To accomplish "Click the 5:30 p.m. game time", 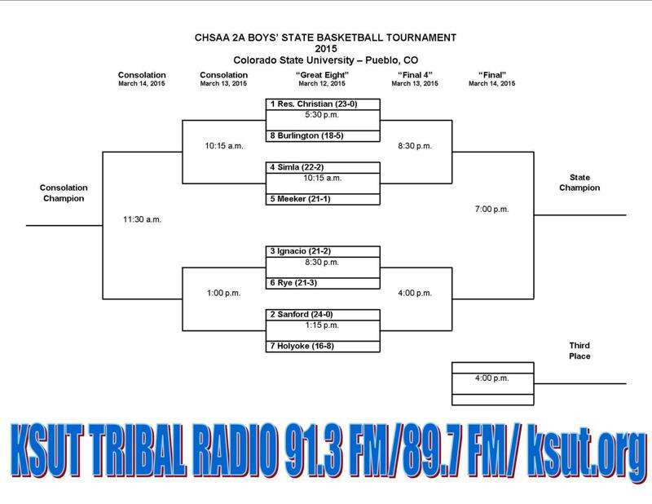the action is pos(322,115).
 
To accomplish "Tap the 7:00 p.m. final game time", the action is pos(492,209).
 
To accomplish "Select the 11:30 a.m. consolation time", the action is pos(142,219).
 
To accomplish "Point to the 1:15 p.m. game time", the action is pos(322,325).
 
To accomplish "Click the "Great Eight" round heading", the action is pos(322,75).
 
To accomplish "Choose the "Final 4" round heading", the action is pos(415,75).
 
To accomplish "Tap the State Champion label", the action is pos(579,183).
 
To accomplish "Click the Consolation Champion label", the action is pos(64,193).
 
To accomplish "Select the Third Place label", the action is pos(579,351).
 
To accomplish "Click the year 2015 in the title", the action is pos(325,49).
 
